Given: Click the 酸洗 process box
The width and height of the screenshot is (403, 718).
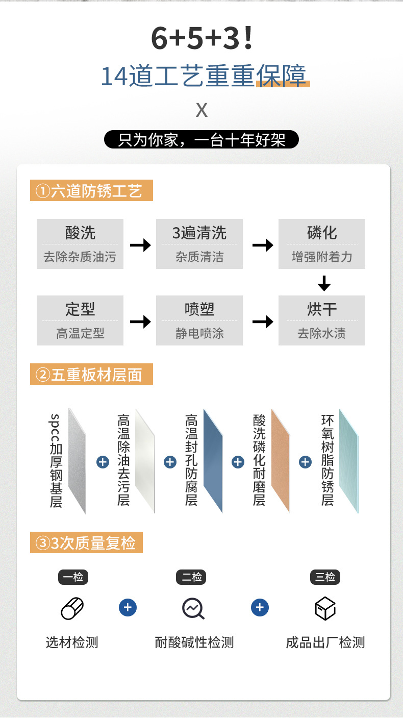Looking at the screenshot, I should (80, 244).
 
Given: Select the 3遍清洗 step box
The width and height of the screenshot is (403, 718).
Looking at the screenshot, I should (199, 244).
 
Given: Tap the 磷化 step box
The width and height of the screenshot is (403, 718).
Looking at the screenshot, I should (322, 244).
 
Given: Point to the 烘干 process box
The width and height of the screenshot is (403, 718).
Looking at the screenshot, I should (322, 320).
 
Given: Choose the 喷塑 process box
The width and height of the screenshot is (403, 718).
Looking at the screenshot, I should (199, 320).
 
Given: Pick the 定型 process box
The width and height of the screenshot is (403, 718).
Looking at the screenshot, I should (80, 320).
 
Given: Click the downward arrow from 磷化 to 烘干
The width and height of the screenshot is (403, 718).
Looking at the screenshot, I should (324, 283).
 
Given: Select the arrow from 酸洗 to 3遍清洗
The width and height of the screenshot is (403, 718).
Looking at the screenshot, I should (140, 245).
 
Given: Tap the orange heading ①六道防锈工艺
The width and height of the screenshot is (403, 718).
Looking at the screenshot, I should (91, 191).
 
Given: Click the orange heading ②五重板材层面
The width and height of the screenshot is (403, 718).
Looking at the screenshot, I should (91, 374).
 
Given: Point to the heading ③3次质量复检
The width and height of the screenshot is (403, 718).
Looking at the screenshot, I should (86, 543).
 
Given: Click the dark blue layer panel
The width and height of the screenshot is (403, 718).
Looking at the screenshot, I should (213, 461).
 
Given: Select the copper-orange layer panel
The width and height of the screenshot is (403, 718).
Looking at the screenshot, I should (281, 461).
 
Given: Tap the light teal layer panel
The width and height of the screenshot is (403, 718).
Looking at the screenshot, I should (349, 461).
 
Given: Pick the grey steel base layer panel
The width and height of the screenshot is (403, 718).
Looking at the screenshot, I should (78, 461).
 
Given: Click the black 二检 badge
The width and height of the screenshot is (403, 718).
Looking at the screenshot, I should (192, 577).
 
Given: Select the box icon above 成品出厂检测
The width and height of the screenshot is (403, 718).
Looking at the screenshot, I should (325, 608).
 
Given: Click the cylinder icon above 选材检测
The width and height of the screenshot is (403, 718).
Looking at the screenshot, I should (72, 608).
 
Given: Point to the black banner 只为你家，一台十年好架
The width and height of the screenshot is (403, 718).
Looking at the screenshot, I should (202, 140).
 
